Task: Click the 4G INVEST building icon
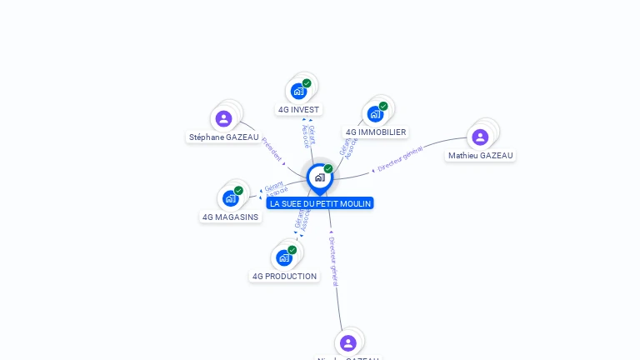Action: coord(298,92)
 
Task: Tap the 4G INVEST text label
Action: coord(298,109)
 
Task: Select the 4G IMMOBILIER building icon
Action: coord(375,114)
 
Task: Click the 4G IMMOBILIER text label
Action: coord(376,132)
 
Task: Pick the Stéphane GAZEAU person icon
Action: coord(223,118)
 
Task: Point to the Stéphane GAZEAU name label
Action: coord(223,137)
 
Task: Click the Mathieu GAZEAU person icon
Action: coord(480,137)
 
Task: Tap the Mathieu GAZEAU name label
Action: coord(481,155)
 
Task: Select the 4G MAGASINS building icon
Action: coord(231,198)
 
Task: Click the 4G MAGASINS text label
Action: coord(231,217)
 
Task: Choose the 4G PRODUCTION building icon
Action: coord(284,257)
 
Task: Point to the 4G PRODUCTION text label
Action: coord(284,276)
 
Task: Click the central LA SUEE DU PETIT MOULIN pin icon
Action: coord(319,177)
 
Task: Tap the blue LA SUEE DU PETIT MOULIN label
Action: coord(320,203)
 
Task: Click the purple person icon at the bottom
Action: coord(348,342)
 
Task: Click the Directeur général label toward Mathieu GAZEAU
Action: coord(400,158)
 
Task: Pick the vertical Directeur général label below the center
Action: coord(333,261)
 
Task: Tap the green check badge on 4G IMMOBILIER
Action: coord(383,106)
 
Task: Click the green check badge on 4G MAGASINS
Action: coord(238,190)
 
